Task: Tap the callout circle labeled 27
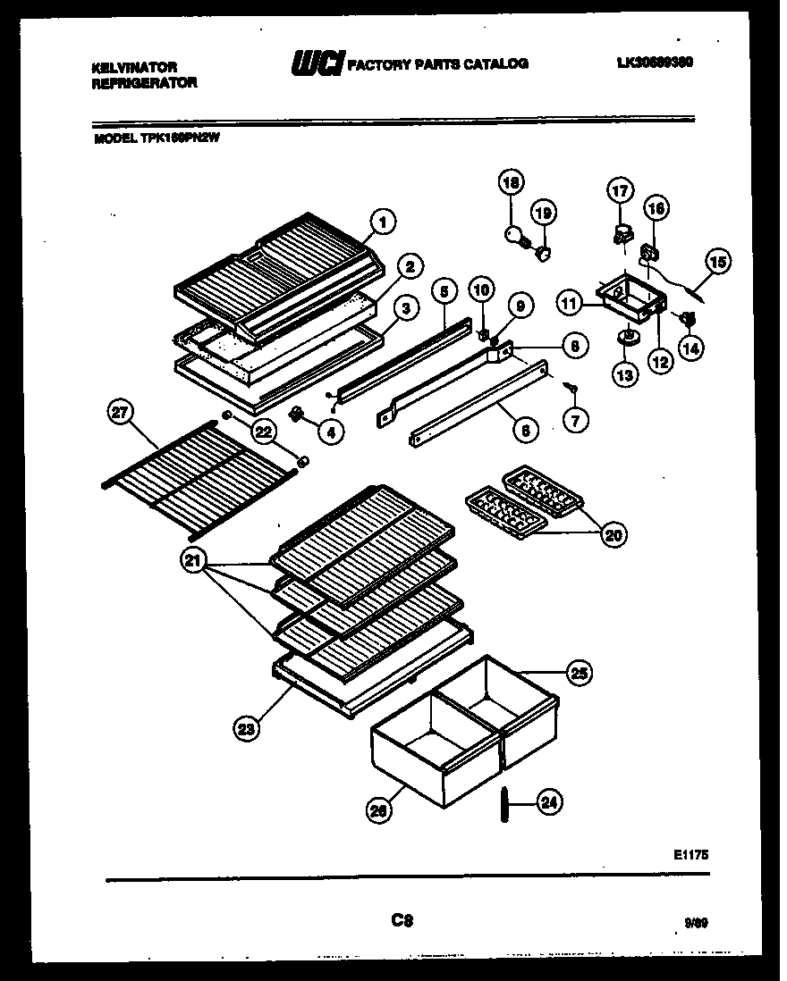(119, 413)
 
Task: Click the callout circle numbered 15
(717, 262)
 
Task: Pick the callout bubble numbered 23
(246, 728)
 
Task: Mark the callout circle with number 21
(193, 561)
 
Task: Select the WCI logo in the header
(315, 63)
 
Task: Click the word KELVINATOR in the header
(135, 67)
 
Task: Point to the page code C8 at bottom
(401, 918)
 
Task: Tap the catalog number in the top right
(656, 63)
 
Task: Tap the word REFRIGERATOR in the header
(144, 82)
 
